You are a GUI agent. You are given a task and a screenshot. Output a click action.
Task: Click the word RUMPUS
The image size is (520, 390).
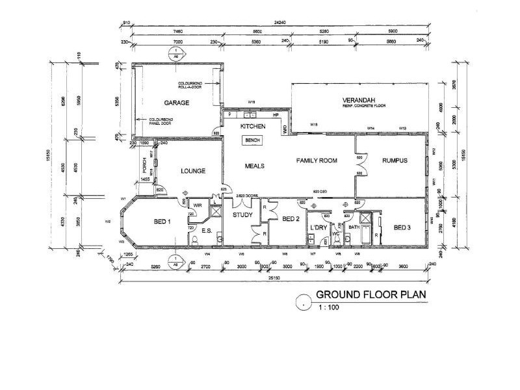click(x=395, y=161)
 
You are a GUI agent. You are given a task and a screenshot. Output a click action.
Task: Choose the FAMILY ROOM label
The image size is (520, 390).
click(x=317, y=161)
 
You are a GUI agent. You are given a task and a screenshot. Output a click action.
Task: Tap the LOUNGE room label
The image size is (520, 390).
click(x=193, y=171)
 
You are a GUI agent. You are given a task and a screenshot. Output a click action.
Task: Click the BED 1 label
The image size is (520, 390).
click(x=162, y=222)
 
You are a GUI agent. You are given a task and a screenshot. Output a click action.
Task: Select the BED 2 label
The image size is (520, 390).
click(x=290, y=219)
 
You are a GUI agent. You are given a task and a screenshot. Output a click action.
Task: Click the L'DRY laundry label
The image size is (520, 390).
click(x=318, y=227)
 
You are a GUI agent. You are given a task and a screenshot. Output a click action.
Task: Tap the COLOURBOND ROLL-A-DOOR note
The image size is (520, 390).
click(x=192, y=86)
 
